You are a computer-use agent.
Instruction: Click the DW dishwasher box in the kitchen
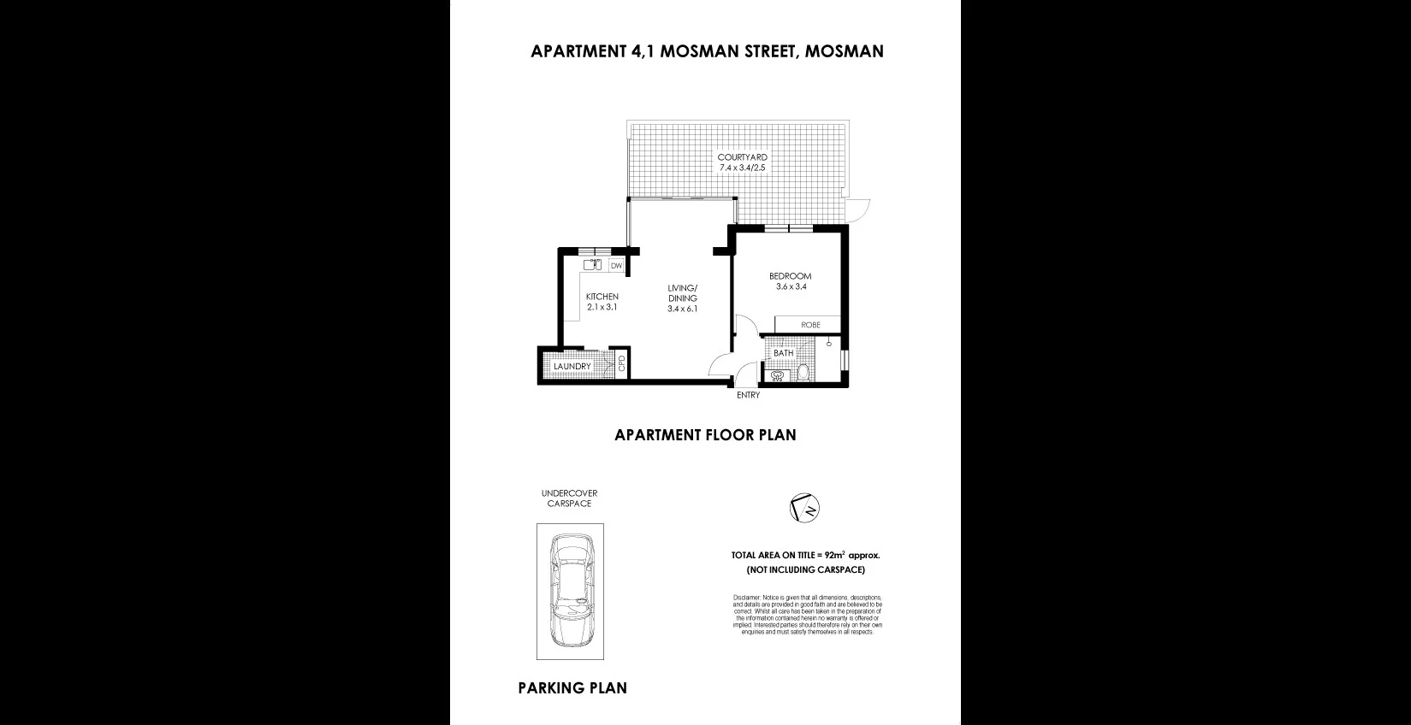pyautogui.click(x=616, y=266)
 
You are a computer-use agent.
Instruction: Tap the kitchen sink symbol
pyautogui.click(x=593, y=265)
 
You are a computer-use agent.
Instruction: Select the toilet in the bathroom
pyautogui.click(x=803, y=373)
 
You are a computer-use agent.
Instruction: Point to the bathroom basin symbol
pyautogui.click(x=778, y=375)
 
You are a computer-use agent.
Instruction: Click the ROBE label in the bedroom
pyautogui.click(x=810, y=325)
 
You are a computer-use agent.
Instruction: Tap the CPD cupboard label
pyautogui.click(x=622, y=363)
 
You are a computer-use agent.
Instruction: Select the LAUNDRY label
pyautogui.click(x=572, y=367)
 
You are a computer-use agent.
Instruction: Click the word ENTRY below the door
pyautogui.click(x=748, y=395)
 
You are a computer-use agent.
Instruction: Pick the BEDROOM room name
pyautogui.click(x=790, y=276)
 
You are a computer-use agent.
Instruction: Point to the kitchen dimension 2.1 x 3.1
pyautogui.click(x=602, y=307)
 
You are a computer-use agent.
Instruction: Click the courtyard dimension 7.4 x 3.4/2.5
pyautogui.click(x=742, y=168)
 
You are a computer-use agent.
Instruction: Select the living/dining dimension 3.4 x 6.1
pyautogui.click(x=683, y=309)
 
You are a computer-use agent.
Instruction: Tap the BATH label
pyautogui.click(x=783, y=353)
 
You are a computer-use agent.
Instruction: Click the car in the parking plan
pyautogui.click(x=570, y=591)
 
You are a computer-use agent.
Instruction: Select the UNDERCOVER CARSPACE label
pyautogui.click(x=569, y=498)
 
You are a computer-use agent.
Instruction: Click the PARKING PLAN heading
pyautogui.click(x=572, y=687)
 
